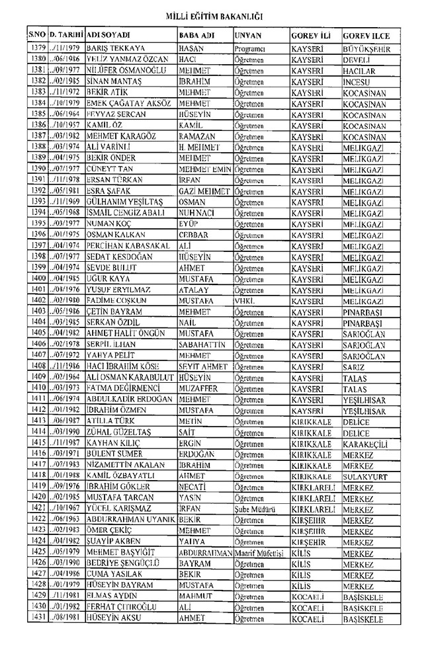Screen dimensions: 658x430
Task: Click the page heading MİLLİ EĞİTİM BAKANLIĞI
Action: (215, 11)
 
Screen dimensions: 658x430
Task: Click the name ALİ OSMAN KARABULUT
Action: (129, 377)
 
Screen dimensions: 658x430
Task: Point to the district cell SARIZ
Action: (353, 366)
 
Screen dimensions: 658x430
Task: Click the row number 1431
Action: (37, 618)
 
